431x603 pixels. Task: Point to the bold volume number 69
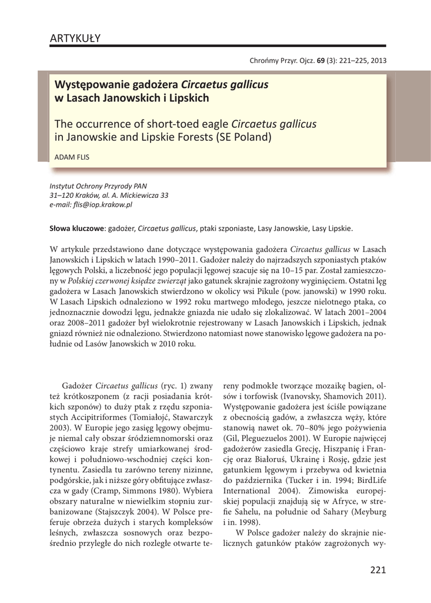[320, 60]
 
